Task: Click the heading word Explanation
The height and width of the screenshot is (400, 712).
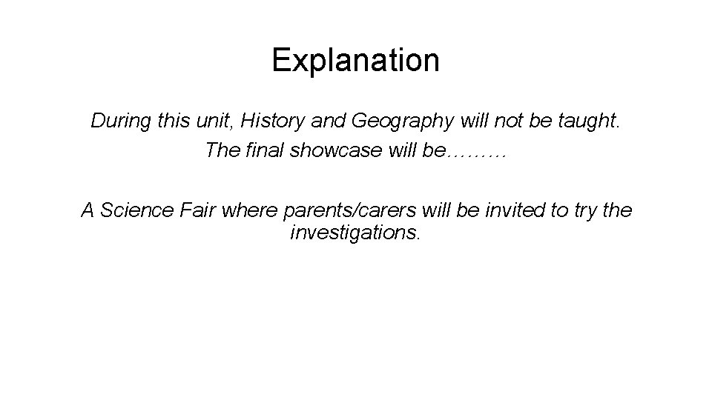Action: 355,61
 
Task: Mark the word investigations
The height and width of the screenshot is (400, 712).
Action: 355,234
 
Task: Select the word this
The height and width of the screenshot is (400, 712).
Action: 174,121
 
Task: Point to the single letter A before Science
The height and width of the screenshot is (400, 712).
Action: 88,210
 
